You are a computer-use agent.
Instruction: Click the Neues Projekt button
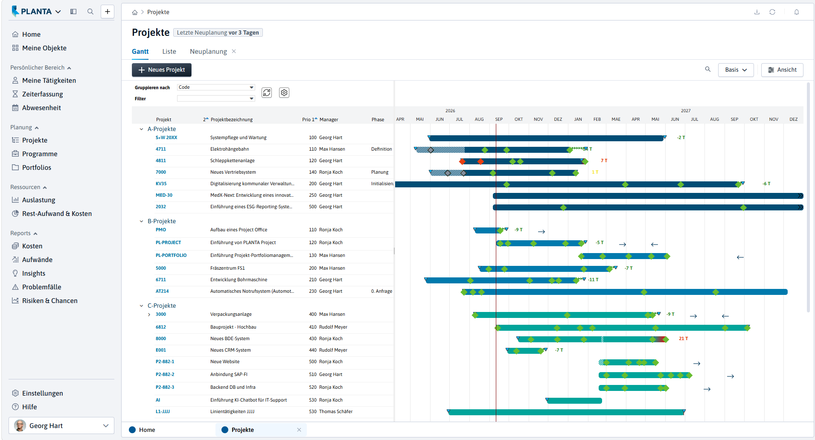click(x=162, y=70)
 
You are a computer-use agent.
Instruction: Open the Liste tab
click(x=169, y=52)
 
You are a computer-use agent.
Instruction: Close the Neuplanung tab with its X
click(x=234, y=52)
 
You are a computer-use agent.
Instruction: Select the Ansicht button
click(x=782, y=70)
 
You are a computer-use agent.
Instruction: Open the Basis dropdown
click(x=736, y=70)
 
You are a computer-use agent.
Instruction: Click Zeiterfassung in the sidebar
click(x=42, y=94)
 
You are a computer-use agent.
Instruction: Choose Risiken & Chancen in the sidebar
click(x=49, y=301)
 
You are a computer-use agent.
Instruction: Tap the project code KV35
click(x=161, y=184)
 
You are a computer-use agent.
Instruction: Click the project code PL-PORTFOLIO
click(x=171, y=256)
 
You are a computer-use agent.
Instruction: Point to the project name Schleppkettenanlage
click(x=233, y=161)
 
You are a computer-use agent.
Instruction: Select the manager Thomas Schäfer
click(x=336, y=412)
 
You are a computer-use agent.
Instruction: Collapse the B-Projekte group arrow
click(x=142, y=221)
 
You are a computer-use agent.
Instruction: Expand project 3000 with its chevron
click(x=149, y=315)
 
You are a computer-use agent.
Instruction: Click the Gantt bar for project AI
click(x=574, y=401)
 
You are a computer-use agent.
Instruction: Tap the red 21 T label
click(x=684, y=339)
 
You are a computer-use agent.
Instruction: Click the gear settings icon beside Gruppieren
click(x=284, y=93)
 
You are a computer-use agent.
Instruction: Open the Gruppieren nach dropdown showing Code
click(x=216, y=87)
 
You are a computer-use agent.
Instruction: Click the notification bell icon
click(x=797, y=12)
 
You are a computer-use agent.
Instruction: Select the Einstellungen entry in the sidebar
click(x=42, y=393)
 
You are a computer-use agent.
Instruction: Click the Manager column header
click(x=329, y=120)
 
